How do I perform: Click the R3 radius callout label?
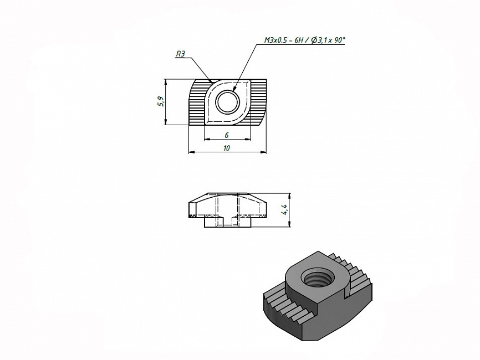pyautogui.click(x=180, y=54)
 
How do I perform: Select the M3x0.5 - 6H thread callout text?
pyautogui.click(x=285, y=40)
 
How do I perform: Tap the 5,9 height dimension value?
pyautogui.click(x=161, y=101)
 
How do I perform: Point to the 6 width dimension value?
pyautogui.click(x=227, y=135)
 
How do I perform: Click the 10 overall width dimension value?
pyautogui.click(x=227, y=148)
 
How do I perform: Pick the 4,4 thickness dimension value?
pyautogui.click(x=285, y=209)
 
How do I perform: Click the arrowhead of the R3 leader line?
pyautogui.click(x=211, y=81)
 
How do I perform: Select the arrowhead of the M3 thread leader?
pyautogui.click(x=234, y=89)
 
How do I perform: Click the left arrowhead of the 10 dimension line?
pyautogui.click(x=191, y=151)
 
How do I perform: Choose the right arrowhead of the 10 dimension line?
pyautogui.click(x=264, y=151)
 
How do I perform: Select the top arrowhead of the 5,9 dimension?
pyautogui.click(x=165, y=82)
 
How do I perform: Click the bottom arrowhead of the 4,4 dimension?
pyautogui.click(x=289, y=224)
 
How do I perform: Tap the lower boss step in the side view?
pyautogui.click(x=227, y=222)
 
